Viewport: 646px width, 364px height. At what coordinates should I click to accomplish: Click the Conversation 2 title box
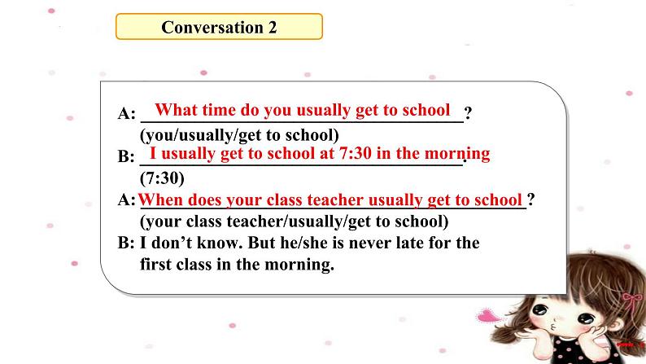pos(219,27)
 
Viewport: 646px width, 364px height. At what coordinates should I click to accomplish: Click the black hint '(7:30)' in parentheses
pos(163,178)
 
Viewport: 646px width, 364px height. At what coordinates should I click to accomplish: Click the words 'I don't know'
pos(190,243)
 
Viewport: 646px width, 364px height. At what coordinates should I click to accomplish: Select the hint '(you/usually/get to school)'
pos(239,135)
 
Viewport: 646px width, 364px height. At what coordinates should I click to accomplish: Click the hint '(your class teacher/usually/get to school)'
pos(295,221)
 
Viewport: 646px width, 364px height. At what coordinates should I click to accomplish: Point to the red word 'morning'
pos(457,153)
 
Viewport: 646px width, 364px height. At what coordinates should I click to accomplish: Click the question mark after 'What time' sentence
pos(468,112)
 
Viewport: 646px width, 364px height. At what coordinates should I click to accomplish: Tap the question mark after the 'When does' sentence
pos(531,200)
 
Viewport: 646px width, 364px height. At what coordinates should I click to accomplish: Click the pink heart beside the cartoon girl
pos(489,316)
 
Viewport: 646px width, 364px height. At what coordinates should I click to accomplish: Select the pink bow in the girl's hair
pos(632,301)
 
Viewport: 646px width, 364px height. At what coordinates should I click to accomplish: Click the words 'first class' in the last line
pos(176,264)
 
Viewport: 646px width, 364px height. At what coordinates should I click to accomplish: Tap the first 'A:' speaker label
pos(126,113)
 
